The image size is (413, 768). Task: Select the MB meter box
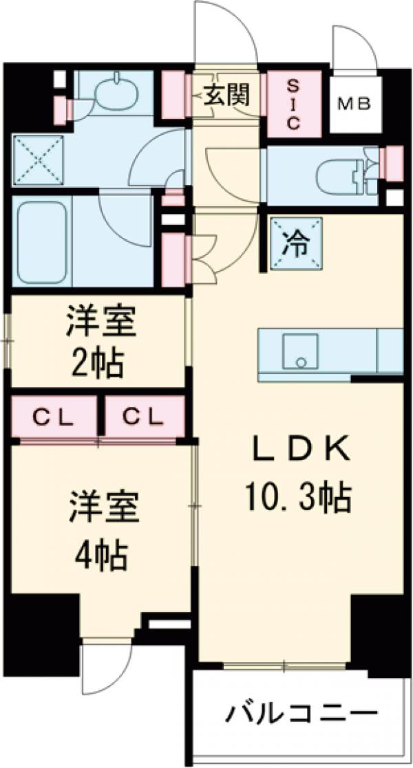[355, 105]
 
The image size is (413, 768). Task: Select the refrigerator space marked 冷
[297, 243]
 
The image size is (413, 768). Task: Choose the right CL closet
[145, 417]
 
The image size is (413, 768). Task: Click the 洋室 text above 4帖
[103, 508]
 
